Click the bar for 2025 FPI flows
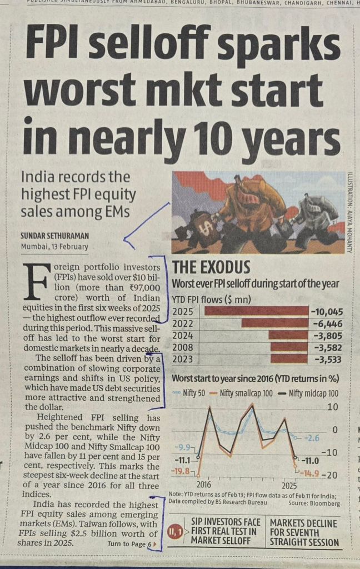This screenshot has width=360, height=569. (x=256, y=311)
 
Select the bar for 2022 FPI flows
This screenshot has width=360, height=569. (x=274, y=323)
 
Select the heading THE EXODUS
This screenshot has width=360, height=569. (x=211, y=267)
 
